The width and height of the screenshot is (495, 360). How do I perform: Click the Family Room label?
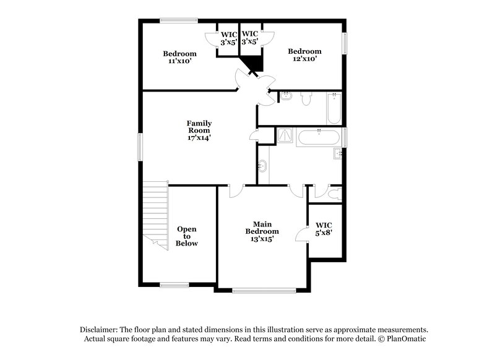pyautogui.click(x=199, y=131)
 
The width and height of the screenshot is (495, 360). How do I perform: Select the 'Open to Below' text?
pyautogui.click(x=187, y=236)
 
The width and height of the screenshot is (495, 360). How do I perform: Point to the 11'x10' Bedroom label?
pyautogui.click(x=179, y=57)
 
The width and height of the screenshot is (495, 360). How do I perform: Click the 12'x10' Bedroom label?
pyautogui.click(x=304, y=55)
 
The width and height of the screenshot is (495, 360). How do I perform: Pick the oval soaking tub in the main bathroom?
pyautogui.click(x=318, y=137)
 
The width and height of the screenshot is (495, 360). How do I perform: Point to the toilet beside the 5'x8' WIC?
pyautogui.click(x=335, y=194)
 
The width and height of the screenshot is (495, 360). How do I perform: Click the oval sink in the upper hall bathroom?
pyautogui.click(x=286, y=97)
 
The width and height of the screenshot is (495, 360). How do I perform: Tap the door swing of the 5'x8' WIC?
pyautogui.click(x=301, y=234)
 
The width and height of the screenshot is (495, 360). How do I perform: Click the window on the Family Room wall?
pyautogui.click(x=139, y=147)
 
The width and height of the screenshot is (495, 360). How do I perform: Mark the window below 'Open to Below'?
pyautogui.click(x=174, y=285)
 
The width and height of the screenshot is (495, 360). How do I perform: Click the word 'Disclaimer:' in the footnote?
pyautogui.click(x=99, y=330)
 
